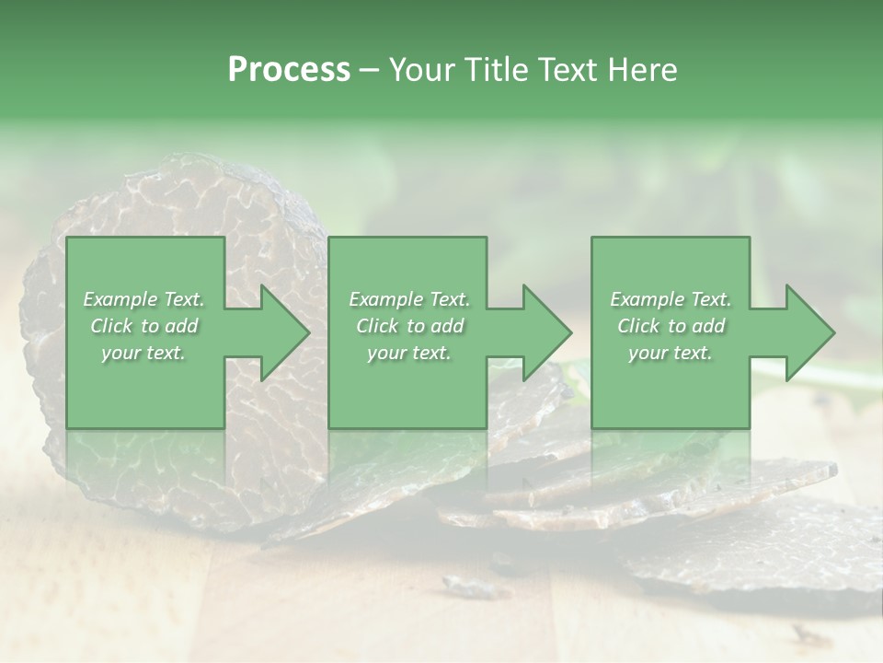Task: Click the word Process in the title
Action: click(x=289, y=70)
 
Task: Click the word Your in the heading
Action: click(x=423, y=70)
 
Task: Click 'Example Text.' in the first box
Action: click(x=143, y=299)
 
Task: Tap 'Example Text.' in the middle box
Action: click(x=409, y=299)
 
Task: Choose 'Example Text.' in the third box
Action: click(x=671, y=299)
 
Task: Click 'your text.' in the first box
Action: click(x=143, y=353)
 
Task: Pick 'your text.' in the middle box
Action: click(x=409, y=353)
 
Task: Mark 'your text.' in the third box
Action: click(x=671, y=353)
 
